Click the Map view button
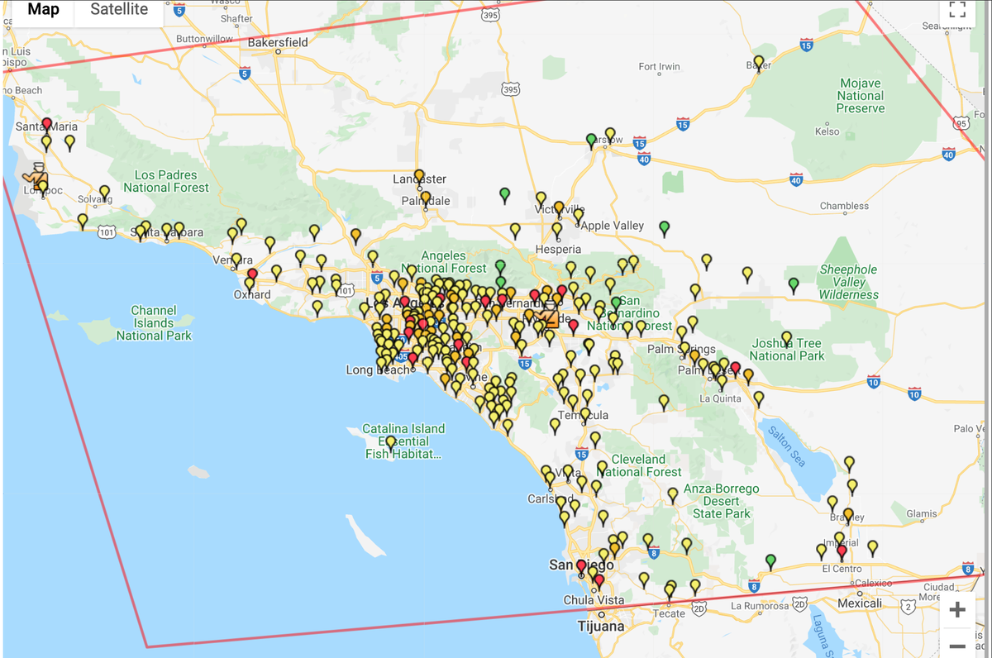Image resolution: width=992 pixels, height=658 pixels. point(43,10)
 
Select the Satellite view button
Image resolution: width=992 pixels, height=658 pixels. point(119,10)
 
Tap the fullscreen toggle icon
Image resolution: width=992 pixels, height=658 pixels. point(957,10)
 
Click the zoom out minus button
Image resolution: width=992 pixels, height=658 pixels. point(957,645)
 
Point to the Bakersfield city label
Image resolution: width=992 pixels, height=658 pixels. point(278,42)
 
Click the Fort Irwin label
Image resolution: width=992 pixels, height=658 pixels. point(659,67)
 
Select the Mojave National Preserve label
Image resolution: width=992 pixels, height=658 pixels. point(860,96)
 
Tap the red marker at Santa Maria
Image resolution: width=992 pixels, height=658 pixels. point(46,124)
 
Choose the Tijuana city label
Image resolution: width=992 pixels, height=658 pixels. point(601,626)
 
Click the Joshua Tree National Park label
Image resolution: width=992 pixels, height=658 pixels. point(787,350)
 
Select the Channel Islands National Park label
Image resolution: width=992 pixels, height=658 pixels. point(154,323)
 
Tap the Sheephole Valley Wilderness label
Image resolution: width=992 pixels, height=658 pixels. point(849,282)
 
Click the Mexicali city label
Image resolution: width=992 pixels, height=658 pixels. point(860,603)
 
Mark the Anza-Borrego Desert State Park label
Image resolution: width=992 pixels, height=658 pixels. point(721,501)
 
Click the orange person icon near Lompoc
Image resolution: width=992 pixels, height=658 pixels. point(37,174)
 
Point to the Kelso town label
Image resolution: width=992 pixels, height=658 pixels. point(827,131)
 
